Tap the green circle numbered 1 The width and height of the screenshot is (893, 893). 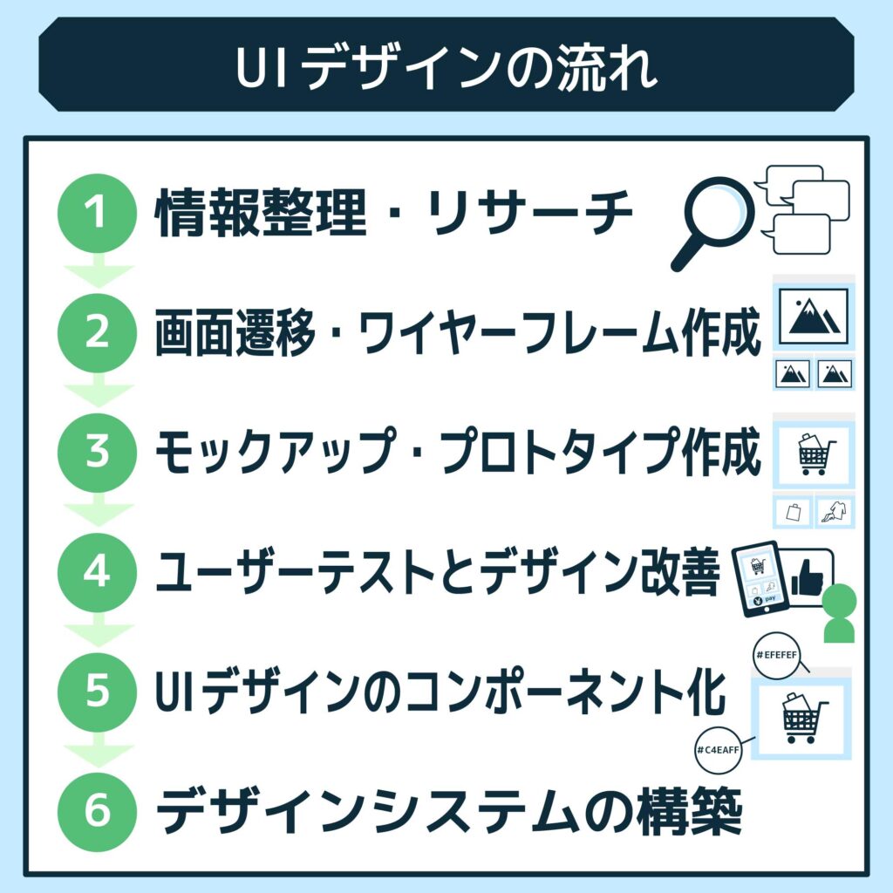97,213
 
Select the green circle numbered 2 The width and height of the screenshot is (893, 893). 97,333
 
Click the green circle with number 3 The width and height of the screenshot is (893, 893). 97,453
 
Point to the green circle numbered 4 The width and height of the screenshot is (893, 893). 97,572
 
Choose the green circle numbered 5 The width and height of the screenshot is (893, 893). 97,692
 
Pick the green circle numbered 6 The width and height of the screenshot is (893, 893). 97,812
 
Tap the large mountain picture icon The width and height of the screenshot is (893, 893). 814,316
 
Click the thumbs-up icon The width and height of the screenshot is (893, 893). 806,576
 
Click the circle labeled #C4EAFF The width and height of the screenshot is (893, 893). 718,750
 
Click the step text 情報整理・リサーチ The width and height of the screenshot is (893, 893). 393,215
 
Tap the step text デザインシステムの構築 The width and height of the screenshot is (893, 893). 448,813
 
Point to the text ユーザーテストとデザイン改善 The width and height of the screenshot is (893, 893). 436,573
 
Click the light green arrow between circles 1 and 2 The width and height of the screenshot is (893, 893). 97,272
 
